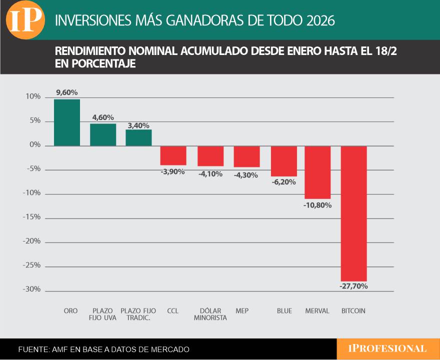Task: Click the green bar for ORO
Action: [x=67, y=122]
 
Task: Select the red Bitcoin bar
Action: [x=354, y=213]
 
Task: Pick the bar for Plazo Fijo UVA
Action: [x=103, y=134]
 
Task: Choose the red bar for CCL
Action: [x=173, y=155]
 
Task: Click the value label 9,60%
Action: [x=67, y=92]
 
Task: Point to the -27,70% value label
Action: [x=354, y=286]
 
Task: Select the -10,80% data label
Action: [x=317, y=204]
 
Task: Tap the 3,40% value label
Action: [x=138, y=125]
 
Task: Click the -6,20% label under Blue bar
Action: [x=284, y=182]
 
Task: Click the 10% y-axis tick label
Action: [x=33, y=97]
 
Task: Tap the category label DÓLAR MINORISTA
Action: [x=210, y=314]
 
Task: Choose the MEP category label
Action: [x=242, y=311]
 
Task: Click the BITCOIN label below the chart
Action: [x=353, y=311]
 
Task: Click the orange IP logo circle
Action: [x=25, y=20]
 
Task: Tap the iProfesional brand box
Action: [x=388, y=348]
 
